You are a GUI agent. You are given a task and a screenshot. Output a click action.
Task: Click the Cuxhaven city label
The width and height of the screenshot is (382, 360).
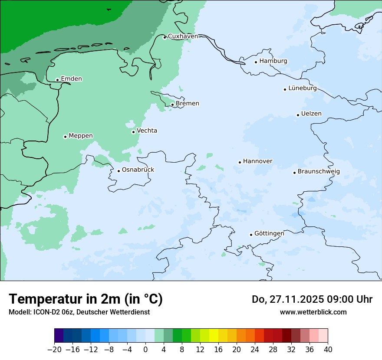coord(183,36)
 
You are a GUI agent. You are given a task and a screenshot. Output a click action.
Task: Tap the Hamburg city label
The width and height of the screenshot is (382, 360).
coord(273,61)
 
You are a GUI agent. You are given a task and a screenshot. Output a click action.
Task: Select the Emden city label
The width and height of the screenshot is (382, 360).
coord(71,79)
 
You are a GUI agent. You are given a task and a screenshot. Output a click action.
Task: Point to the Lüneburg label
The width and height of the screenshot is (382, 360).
coord(302,88)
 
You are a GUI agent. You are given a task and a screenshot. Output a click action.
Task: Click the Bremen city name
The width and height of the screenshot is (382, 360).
coord(187,104)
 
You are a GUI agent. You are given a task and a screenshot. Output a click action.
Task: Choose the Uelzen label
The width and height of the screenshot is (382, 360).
coord(311,114)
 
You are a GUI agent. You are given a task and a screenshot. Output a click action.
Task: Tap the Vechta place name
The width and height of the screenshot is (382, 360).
coord(147,131)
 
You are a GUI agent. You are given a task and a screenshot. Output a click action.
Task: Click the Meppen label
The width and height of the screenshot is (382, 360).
coord(81,136)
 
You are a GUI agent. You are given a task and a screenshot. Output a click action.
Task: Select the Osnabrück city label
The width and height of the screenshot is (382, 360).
coord(138,170)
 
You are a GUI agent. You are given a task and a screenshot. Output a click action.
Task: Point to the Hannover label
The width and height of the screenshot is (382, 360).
coord(257,161)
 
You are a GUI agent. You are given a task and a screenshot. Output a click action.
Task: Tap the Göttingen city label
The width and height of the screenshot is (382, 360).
coord(269,234)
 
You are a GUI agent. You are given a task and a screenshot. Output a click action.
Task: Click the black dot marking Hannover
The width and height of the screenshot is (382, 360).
coord(240,162)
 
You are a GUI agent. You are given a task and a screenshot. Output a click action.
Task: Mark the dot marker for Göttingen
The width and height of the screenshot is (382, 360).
coord(251,235)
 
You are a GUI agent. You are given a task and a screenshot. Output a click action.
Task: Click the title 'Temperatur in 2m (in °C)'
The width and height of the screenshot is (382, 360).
coord(86,299)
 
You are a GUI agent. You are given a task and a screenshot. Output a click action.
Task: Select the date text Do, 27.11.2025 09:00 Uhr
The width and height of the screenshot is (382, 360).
coord(312,299)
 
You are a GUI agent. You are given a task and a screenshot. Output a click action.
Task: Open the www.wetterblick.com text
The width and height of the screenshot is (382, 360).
coord(313,312)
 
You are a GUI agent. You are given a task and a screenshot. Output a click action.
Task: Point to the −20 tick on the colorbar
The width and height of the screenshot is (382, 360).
coord(55,350)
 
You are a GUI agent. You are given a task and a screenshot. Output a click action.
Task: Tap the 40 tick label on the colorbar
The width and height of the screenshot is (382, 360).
coord(328,350)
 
